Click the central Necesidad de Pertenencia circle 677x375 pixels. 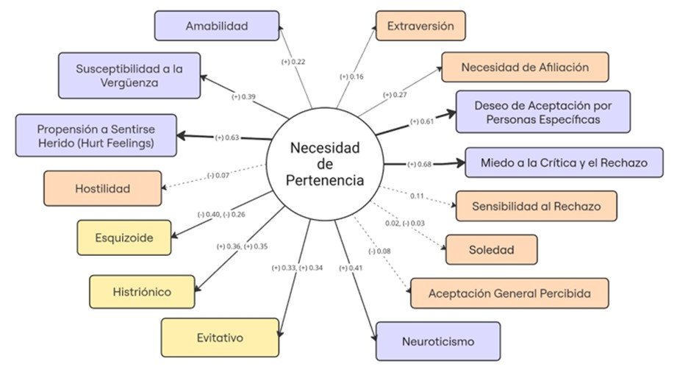point(325,164)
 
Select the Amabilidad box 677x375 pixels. point(217,26)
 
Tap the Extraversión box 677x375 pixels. point(420,26)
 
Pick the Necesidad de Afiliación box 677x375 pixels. point(525,67)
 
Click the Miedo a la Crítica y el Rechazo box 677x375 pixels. point(564,162)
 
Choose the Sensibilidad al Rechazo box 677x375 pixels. point(537,206)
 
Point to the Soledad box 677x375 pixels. point(491,250)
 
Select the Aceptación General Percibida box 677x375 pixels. point(509,293)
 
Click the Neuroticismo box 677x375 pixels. point(438,341)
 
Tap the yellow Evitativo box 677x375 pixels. point(220,337)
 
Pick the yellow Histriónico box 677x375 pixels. point(142,292)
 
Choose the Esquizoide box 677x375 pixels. point(124,238)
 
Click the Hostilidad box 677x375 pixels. point(102,188)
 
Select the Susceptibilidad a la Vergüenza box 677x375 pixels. point(129,76)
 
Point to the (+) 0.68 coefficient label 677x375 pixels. point(419,164)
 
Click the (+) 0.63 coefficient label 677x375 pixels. point(226,137)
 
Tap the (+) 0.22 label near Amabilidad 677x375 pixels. point(293,62)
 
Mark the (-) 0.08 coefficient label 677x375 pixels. point(379,251)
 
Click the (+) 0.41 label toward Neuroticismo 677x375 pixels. point(351,268)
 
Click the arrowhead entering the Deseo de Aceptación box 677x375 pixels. point(451,114)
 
